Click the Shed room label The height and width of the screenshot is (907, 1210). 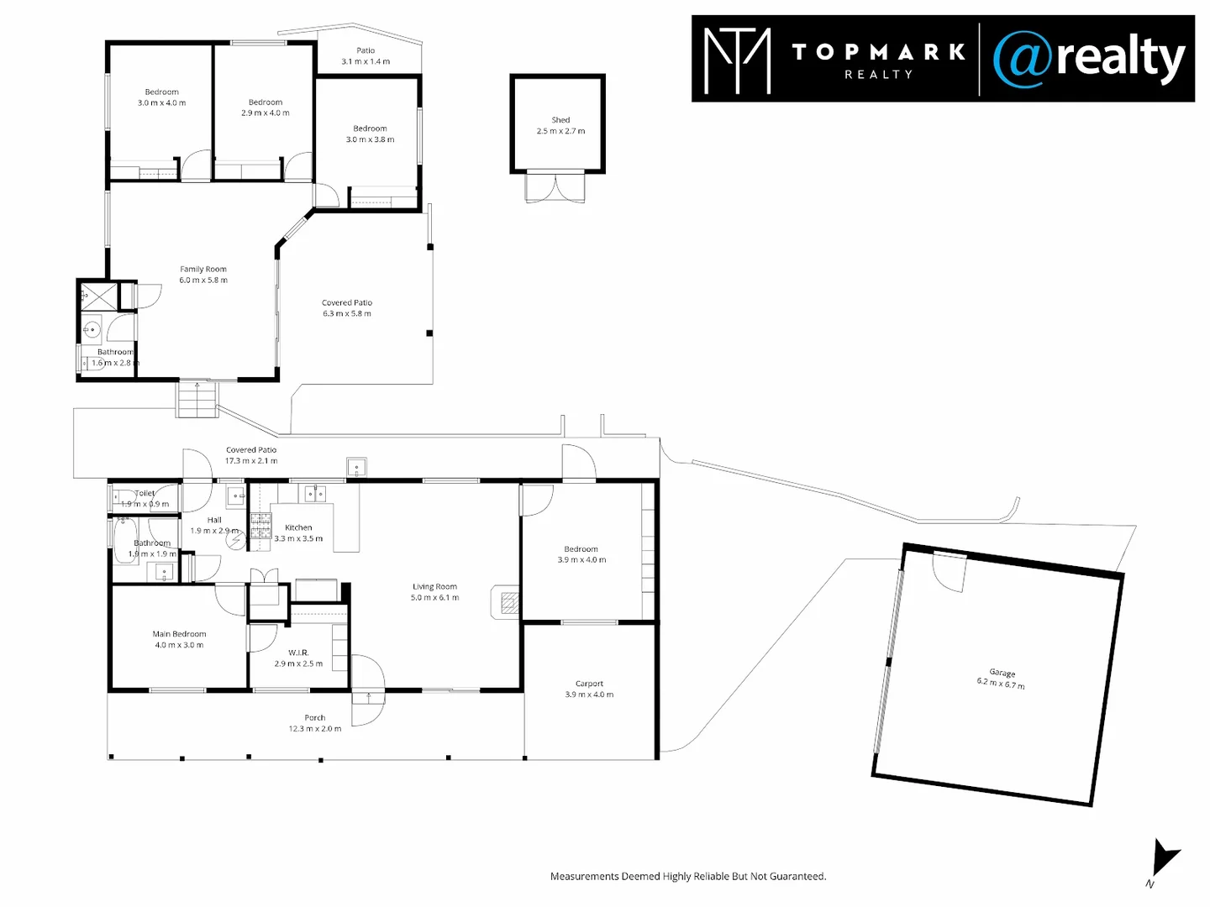[560, 120]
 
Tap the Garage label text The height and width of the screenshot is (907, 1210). [1002, 673]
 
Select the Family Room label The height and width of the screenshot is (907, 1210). [203, 270]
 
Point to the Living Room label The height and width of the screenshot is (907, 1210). [434, 587]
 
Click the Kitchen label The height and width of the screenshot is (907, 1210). [298, 527]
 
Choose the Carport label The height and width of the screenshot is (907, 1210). [589, 684]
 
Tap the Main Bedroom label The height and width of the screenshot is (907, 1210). [179, 634]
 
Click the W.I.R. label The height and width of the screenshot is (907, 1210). [298, 653]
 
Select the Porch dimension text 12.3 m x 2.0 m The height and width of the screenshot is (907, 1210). [315, 729]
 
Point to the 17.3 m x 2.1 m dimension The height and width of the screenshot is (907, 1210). [251, 461]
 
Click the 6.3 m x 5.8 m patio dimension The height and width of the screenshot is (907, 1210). [347, 314]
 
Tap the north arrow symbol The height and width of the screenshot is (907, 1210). [1164, 858]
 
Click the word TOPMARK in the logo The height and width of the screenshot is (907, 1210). [878, 52]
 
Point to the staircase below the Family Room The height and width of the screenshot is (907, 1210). [197, 400]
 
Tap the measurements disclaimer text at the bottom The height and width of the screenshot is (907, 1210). [688, 876]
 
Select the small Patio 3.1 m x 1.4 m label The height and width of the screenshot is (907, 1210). [366, 56]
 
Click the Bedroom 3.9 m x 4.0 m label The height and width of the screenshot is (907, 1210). [581, 554]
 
